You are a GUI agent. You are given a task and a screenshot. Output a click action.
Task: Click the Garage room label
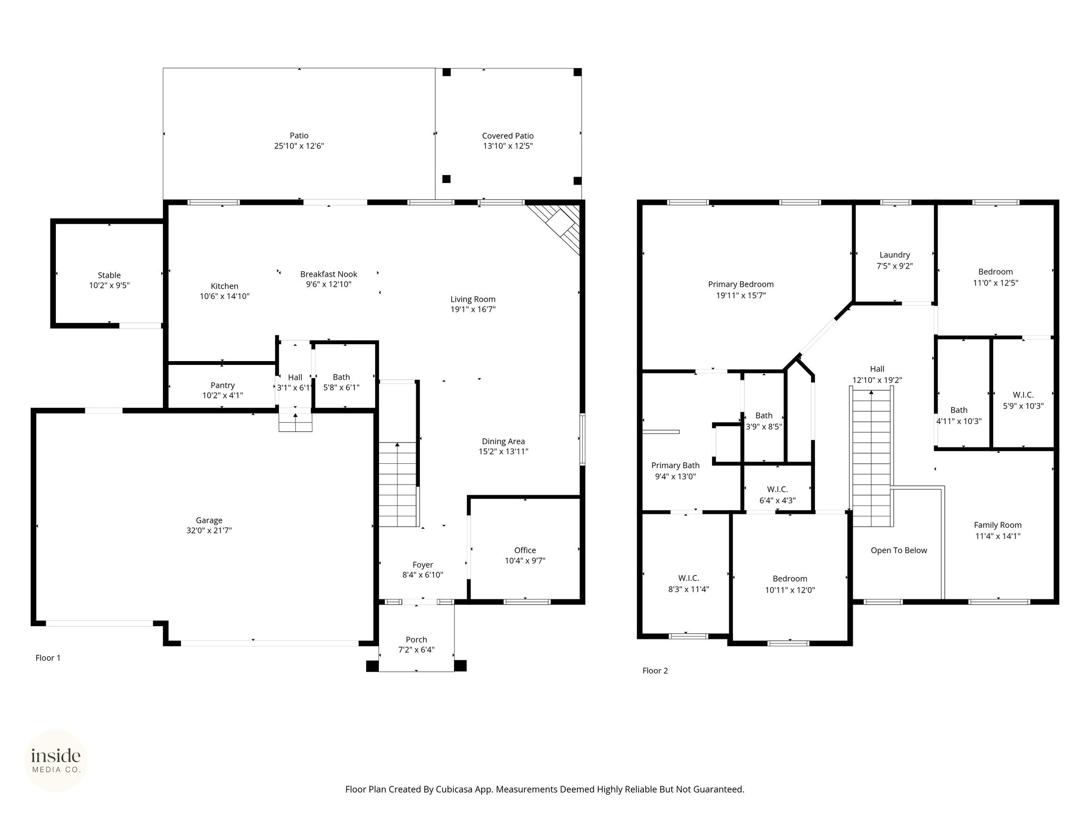209,520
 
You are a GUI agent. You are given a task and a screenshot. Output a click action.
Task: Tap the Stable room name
109,275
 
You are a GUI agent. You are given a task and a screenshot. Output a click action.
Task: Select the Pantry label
222,385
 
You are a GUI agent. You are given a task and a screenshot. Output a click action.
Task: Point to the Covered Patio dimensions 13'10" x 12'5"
508,146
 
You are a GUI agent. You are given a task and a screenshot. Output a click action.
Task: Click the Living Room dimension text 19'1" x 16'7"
473,309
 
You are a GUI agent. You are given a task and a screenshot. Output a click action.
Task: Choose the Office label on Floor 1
525,550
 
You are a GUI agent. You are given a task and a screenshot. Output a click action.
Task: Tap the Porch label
416,639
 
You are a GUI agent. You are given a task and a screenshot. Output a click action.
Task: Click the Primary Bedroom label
741,284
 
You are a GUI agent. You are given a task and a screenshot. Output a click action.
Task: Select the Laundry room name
895,255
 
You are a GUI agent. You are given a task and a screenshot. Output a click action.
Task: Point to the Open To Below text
899,550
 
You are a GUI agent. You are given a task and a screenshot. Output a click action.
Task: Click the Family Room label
998,525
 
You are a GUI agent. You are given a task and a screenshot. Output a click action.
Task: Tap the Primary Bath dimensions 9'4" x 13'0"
675,477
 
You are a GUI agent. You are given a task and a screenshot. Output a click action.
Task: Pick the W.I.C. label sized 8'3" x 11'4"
689,578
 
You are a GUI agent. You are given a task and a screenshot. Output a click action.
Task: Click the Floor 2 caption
655,671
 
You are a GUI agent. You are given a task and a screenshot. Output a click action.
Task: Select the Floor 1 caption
48,658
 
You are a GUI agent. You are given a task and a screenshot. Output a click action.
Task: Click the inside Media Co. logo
56,761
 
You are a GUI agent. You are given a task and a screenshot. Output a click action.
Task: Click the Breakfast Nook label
329,274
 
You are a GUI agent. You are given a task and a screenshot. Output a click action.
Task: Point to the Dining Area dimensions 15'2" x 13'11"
503,452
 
